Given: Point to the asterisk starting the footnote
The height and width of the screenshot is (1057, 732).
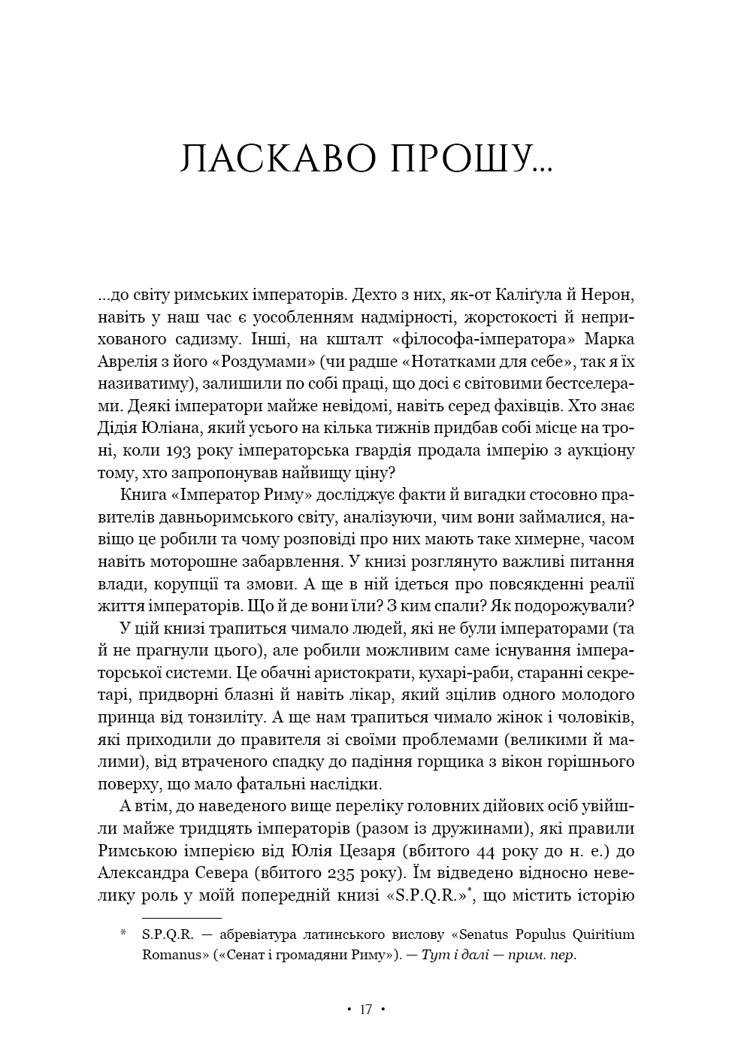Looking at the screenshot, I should [123, 934].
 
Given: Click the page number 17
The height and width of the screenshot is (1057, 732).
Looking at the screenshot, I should [365, 1009].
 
